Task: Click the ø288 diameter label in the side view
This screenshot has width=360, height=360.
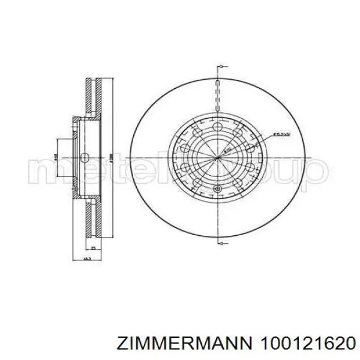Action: pyautogui.click(x=112, y=157)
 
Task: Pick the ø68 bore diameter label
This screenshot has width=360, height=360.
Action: pyautogui.click(x=56, y=157)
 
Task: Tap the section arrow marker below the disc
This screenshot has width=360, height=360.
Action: pyautogui.click(x=221, y=243)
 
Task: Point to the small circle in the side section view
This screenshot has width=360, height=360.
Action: pyautogui.click(x=85, y=157)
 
